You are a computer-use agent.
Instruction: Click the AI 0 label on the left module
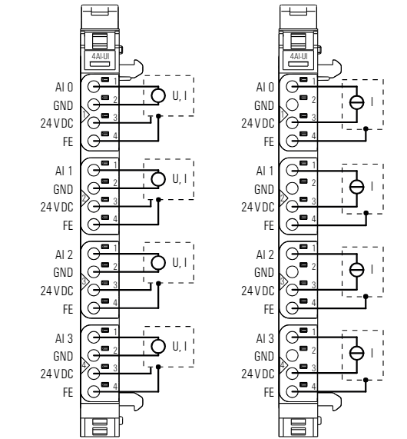tap(64, 87)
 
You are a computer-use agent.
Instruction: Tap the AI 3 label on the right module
tap(265, 338)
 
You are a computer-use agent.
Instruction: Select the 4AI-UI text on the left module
tap(101, 56)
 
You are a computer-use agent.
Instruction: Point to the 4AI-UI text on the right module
tap(299, 56)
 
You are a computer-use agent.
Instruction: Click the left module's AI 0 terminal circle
tap(94, 87)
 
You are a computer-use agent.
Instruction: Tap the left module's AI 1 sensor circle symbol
tap(158, 179)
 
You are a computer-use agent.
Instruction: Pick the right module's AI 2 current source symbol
tap(357, 270)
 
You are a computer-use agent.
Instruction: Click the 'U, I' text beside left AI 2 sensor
tap(180, 262)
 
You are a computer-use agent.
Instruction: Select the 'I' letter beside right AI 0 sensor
tap(372, 102)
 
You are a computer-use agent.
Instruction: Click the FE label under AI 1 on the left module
tap(68, 225)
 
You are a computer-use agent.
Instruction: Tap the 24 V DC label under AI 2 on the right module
tap(257, 291)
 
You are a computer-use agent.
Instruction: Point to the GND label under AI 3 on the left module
tap(63, 356)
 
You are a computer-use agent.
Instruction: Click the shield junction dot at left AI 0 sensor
tap(158, 116)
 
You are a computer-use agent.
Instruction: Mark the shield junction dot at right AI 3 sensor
tap(366, 380)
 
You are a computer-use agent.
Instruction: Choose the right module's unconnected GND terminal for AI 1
tap(292, 188)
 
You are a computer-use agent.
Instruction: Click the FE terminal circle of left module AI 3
tap(94, 391)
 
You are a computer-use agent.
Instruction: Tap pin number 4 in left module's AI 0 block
tap(115, 136)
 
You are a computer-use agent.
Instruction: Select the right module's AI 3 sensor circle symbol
tap(357, 353)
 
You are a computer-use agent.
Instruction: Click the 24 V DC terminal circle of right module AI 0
tap(292, 123)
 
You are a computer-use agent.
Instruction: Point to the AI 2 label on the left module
tap(64, 254)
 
